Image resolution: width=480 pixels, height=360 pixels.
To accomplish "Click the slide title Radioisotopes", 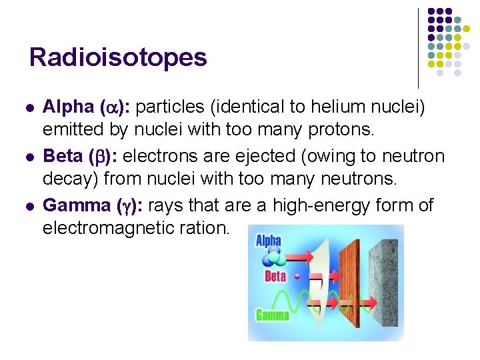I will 118,57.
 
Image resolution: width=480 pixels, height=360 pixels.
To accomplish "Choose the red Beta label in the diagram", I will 275,276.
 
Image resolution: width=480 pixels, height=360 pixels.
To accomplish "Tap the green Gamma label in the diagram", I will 272,315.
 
